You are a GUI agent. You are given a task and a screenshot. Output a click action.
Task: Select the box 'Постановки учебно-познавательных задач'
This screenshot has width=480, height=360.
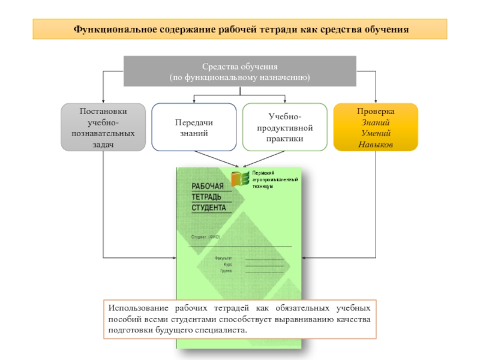[103, 127]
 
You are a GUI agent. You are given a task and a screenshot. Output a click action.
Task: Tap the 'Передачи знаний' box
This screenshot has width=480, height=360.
[194, 127]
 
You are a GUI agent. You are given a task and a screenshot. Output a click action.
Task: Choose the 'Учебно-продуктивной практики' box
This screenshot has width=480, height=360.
[284, 127]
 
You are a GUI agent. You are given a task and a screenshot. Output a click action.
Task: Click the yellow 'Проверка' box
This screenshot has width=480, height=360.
[376, 127]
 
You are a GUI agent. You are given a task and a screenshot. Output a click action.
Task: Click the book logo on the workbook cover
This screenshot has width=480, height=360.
[241, 178]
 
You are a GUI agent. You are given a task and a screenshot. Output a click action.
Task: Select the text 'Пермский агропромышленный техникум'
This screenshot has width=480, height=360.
[274, 179]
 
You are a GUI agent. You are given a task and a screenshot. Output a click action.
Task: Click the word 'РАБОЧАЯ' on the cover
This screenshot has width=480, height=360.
[208, 187]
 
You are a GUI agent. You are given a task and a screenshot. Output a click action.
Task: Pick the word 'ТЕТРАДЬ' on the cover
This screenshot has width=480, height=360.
[206, 197]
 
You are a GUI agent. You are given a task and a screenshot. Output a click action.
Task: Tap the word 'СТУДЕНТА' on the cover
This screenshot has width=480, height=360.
[209, 208]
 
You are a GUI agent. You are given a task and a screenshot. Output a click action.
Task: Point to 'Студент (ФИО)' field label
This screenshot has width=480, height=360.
[206, 237]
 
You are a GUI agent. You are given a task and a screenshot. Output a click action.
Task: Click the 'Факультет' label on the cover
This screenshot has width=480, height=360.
[223, 258]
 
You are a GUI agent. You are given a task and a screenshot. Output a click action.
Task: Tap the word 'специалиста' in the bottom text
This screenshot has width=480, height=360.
[223, 331]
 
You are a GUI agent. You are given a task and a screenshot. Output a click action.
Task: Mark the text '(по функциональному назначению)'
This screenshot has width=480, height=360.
[239, 78]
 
